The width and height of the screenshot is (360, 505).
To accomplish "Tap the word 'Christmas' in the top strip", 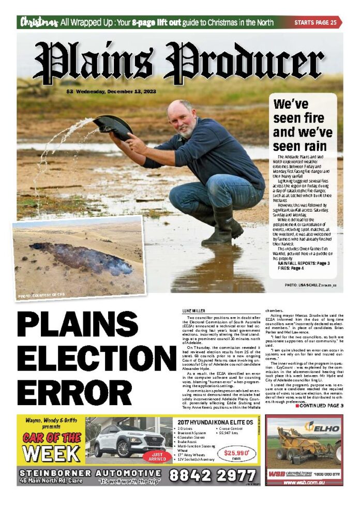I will click(x=38, y=22).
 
